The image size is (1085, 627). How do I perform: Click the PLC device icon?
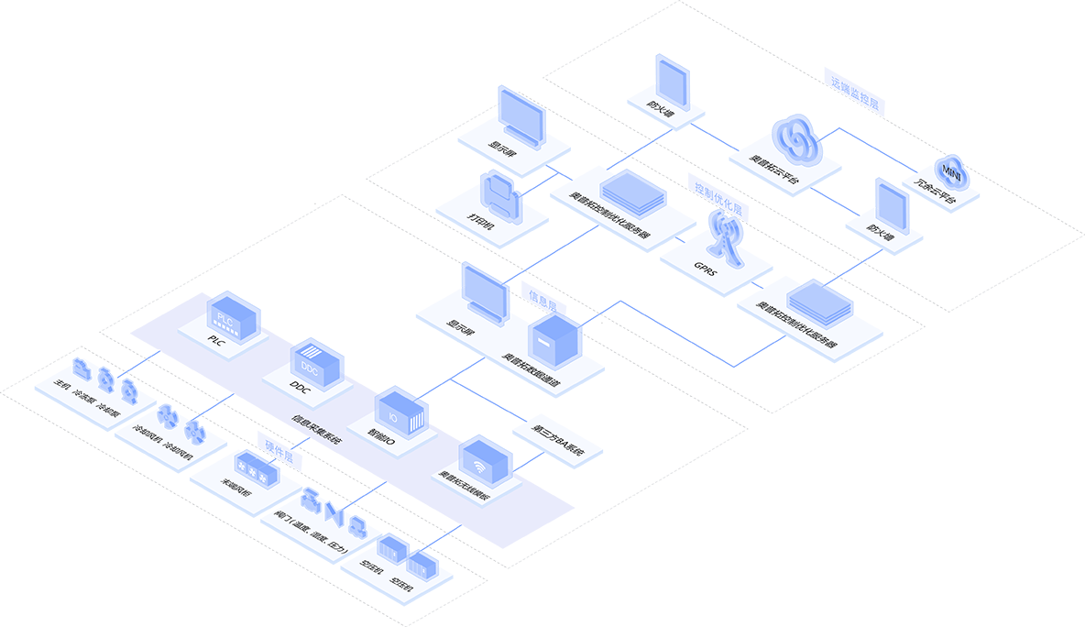pyautogui.click(x=233, y=313)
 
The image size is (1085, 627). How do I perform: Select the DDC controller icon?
pyautogui.click(x=316, y=362)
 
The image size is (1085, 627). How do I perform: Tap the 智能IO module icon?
pyautogui.click(x=401, y=413)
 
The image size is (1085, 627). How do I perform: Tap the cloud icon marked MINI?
pyautogui.click(x=951, y=170)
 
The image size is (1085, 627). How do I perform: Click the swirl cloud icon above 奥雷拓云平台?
pyautogui.click(x=795, y=137)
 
